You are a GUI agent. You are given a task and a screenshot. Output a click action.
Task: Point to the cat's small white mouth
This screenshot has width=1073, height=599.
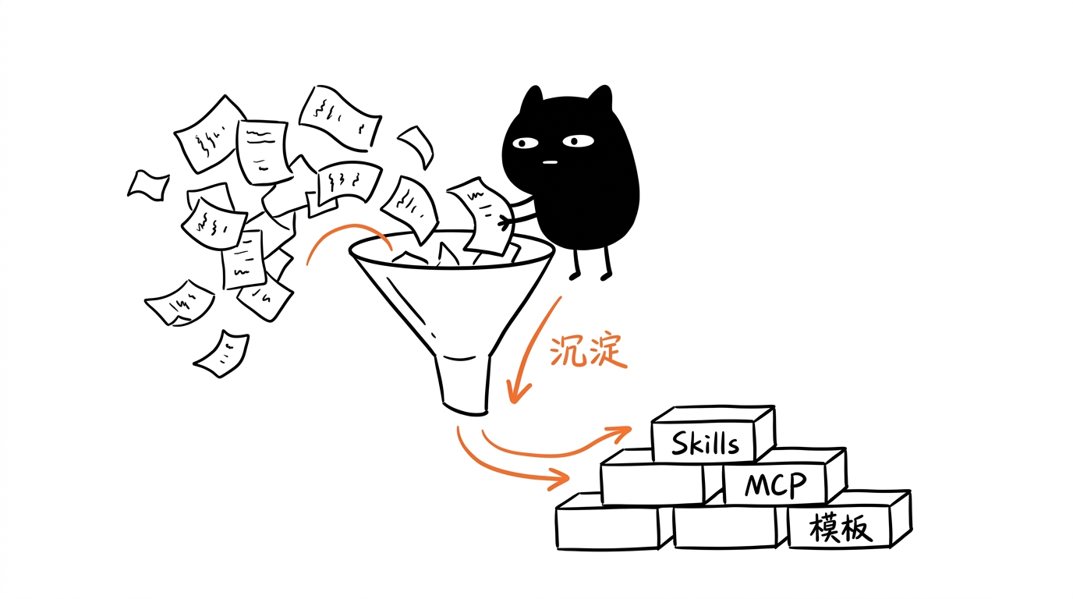tap(550, 162)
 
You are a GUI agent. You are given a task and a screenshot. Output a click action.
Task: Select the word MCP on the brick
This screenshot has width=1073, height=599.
tap(776, 485)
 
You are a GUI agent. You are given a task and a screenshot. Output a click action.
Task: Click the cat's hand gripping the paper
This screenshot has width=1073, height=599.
tap(505, 222)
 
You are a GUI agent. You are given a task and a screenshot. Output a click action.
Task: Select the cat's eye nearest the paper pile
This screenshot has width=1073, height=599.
tap(525, 143)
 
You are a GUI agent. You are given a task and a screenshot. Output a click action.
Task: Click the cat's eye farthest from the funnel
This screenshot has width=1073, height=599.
tap(578, 141)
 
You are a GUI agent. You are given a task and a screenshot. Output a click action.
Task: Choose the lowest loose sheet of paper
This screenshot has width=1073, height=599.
tap(222, 353)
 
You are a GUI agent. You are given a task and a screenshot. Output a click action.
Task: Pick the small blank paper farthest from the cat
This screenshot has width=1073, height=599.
tap(148, 185)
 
